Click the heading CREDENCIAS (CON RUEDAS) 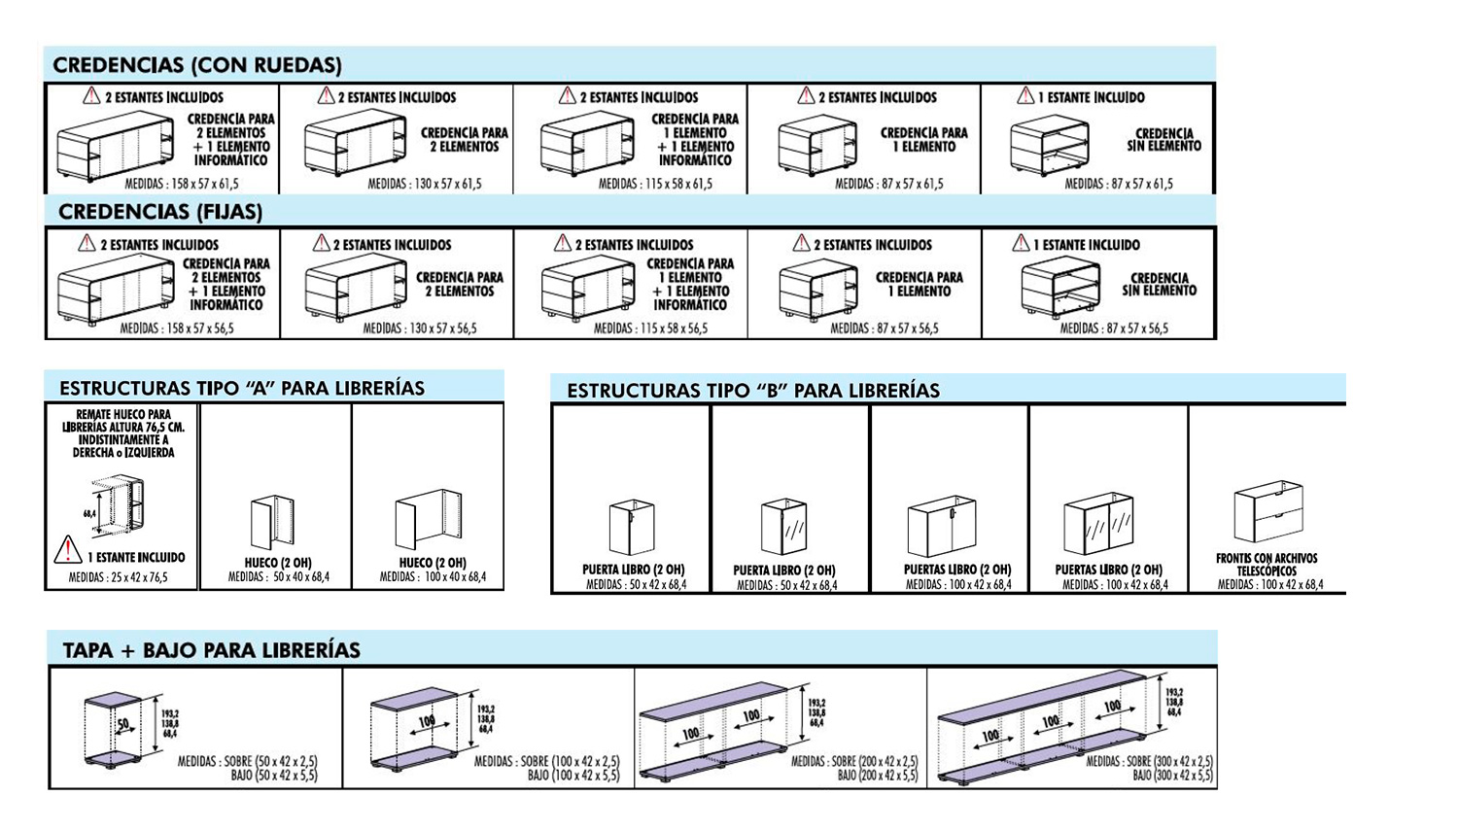click(197, 65)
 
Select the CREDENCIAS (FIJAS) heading click(160, 212)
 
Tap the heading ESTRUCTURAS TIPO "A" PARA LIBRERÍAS click(242, 388)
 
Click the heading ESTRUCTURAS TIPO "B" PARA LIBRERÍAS click(753, 391)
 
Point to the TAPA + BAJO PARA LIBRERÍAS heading click(212, 650)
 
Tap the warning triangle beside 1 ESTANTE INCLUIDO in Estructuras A click(68, 550)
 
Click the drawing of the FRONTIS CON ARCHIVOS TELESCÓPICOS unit click(1268, 511)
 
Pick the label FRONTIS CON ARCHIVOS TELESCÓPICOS click(1267, 565)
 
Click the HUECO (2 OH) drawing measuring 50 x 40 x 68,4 click(272, 522)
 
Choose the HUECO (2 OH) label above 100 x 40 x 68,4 click(433, 563)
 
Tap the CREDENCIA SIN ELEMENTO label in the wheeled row click(1163, 140)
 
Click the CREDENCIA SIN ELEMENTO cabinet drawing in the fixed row click(1060, 288)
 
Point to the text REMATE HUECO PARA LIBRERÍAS click(123, 421)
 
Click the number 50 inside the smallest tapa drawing click(122, 724)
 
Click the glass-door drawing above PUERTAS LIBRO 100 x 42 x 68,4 click(1098, 524)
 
